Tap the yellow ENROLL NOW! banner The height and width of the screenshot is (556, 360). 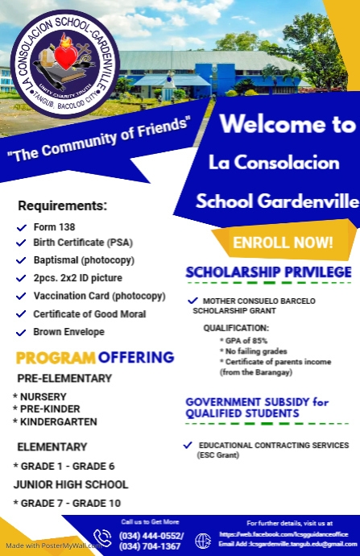pos(282,242)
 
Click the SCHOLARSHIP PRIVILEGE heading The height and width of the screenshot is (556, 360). pos(268,272)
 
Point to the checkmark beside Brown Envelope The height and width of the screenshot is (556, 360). pos(22,331)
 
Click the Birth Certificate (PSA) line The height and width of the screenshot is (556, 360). pos(79,243)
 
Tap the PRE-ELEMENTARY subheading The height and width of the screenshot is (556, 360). pos(64,379)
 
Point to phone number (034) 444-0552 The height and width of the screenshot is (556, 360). pos(151,536)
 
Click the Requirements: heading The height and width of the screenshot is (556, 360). pos(62,205)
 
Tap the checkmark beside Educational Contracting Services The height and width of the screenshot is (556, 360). pos(188,445)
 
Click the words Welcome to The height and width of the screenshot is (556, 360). pos(287,126)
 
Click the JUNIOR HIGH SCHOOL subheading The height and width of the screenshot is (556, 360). pos(71,484)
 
